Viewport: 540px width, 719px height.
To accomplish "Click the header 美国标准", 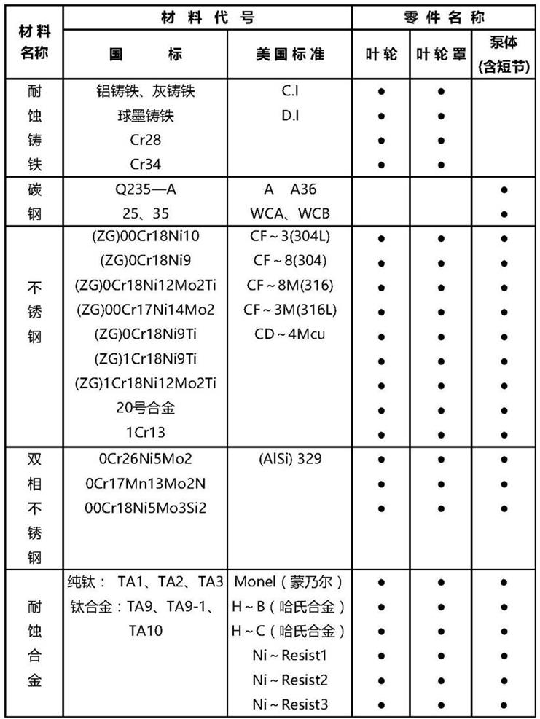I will coord(289,55).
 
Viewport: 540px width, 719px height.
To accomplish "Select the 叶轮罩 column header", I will coord(441,55).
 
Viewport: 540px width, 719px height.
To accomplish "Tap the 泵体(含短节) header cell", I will coord(504,54).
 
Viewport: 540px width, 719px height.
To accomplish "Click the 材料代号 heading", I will coord(206,17).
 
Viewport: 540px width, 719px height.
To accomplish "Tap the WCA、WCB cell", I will coord(289,214).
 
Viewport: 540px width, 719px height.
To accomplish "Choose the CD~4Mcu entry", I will coord(289,335).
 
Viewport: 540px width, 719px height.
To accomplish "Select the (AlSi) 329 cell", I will coord(289,459).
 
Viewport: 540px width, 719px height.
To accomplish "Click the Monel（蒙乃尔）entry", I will coord(289,582).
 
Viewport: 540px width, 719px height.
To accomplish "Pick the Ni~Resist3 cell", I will coord(289,704).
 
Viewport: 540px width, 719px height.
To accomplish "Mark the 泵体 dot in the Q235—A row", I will coord(504,190).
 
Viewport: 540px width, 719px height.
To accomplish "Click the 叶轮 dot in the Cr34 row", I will coord(381,165).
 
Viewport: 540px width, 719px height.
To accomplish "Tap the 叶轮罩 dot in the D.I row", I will coord(441,116).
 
